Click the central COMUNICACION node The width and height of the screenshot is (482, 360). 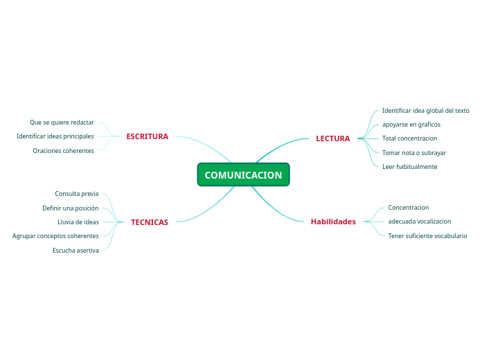pos(243,175)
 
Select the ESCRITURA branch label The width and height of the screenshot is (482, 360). pos(147,136)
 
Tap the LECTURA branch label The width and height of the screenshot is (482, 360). pos(332,138)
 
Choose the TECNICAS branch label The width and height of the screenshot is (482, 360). pos(149,222)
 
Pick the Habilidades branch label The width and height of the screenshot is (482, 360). pos(333,222)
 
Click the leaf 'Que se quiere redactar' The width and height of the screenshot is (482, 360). pos(62,123)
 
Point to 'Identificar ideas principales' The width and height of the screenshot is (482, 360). pos(55,136)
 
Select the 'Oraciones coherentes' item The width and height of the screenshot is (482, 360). pos(63,151)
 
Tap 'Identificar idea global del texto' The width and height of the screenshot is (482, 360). pos(425,111)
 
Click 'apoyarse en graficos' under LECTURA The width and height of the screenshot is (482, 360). pos(411,125)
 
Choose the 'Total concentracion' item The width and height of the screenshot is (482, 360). pos(409,138)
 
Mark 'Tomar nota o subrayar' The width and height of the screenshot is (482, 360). pos(413,152)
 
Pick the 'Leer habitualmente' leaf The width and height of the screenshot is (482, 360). pos(409,167)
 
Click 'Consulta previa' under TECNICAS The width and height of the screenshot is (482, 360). pos(77,194)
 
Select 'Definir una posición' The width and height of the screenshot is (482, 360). pos(70,208)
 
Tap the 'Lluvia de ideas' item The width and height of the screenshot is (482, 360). pos(78,222)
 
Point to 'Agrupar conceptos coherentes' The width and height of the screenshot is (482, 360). pos(55,236)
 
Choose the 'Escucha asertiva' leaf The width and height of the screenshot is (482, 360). pos(75,251)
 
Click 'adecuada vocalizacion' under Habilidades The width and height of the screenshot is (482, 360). pos(419,222)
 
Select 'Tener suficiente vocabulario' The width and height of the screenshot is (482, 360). pos(427,236)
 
